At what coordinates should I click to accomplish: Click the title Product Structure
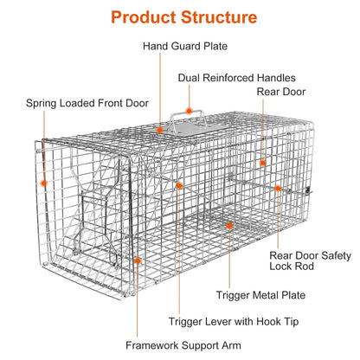pos(184,17)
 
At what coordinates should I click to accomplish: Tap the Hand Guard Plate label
pos(185,46)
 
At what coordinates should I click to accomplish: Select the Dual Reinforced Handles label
pos(237,78)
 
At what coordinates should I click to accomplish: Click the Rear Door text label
pos(281,92)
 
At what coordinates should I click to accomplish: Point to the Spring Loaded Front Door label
pos(87,103)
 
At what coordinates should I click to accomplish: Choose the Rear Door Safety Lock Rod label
pos(311,260)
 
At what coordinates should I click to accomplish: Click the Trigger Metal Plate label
pos(260,295)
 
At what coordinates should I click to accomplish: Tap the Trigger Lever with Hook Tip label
pos(234,321)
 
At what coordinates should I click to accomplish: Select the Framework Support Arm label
pos(183,345)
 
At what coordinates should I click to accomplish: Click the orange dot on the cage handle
pos(189,111)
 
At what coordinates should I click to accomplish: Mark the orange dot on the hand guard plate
pos(160,130)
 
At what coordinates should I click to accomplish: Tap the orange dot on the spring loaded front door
pos(44,183)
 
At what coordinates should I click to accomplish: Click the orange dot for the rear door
pos(262,163)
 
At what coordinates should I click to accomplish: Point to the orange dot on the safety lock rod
pos(278,189)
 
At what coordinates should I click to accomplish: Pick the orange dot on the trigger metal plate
pos(229,226)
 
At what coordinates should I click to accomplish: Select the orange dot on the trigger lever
pos(179,185)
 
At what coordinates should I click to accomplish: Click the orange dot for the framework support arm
pos(138,260)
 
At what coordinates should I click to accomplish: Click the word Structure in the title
pos(219,17)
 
